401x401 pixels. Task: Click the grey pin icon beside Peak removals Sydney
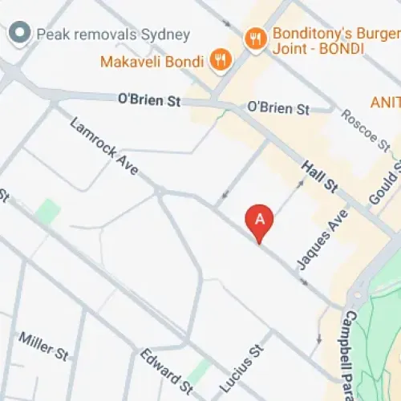coord(17,34)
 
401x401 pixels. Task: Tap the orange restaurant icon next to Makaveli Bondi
coord(219,59)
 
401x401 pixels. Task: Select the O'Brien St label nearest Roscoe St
coord(277,107)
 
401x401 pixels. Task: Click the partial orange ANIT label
coord(385,102)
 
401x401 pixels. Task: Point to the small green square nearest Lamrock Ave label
coord(47,213)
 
